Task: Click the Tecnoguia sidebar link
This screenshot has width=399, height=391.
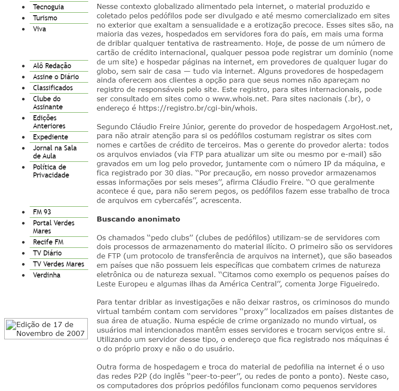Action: click(x=48, y=7)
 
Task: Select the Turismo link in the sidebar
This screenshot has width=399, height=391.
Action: click(x=45, y=18)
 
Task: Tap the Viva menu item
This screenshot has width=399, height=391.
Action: click(x=39, y=29)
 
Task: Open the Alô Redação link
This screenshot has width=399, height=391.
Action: click(x=52, y=66)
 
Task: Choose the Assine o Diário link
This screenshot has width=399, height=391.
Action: click(x=56, y=77)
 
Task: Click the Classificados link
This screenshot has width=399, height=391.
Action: click(x=53, y=88)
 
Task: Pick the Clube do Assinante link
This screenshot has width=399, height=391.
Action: click(x=47, y=103)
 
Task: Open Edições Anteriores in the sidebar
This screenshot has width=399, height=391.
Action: click(x=49, y=122)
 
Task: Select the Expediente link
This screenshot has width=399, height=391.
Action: click(x=50, y=137)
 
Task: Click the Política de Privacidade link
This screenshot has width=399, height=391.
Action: click(x=50, y=171)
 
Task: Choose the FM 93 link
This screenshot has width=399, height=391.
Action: click(x=42, y=212)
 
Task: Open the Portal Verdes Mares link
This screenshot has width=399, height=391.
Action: click(x=53, y=227)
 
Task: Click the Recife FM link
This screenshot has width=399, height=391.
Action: click(x=48, y=242)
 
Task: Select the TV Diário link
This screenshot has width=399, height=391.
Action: click(x=47, y=253)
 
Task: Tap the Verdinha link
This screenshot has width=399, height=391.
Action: click(x=46, y=275)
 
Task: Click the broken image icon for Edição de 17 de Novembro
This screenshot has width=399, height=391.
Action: click(x=11, y=325)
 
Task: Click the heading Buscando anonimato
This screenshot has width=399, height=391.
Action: click(x=138, y=219)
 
